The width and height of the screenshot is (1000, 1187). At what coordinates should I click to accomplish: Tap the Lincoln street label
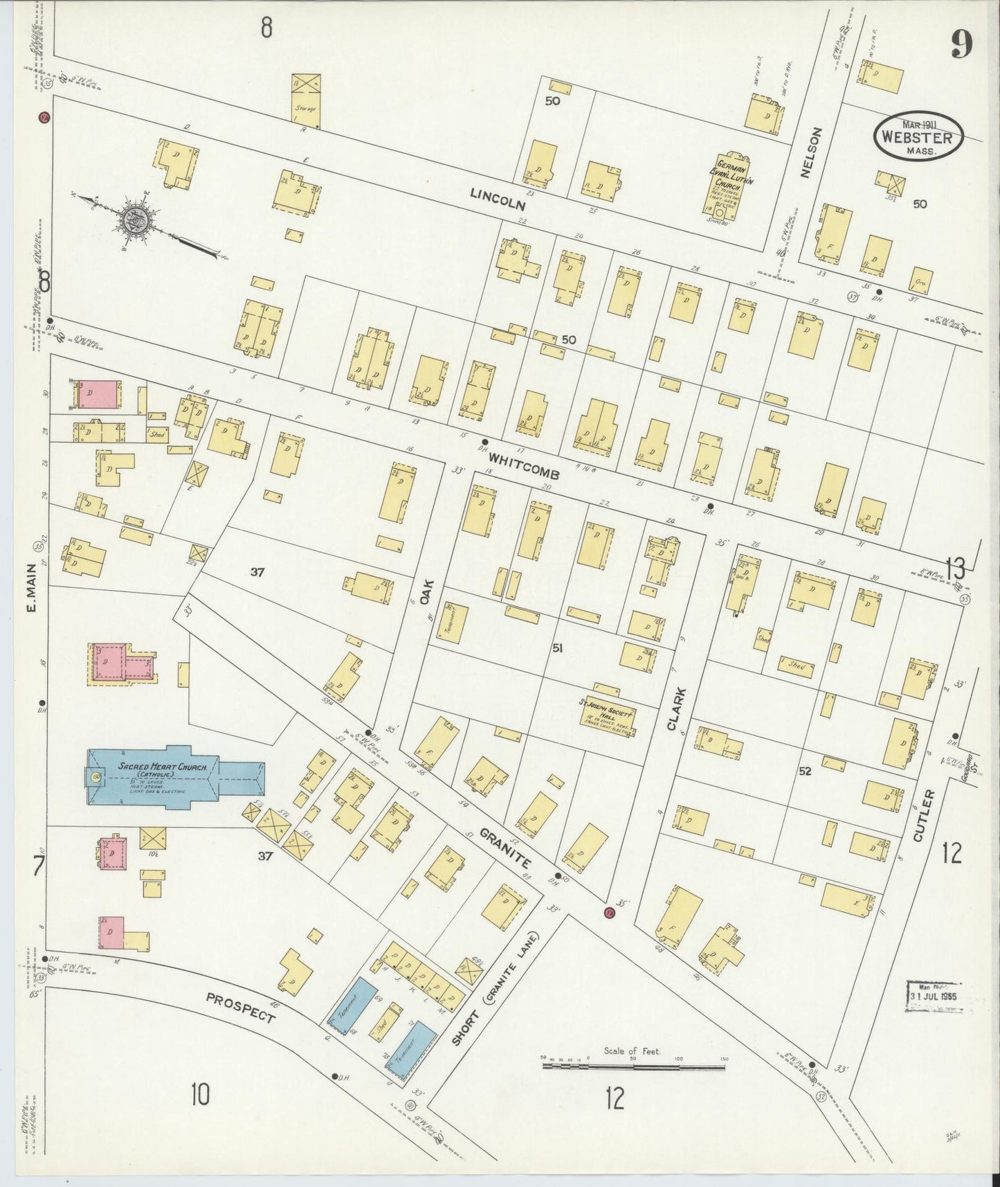coord(498,200)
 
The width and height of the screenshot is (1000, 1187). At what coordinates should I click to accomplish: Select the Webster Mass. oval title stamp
coord(918,136)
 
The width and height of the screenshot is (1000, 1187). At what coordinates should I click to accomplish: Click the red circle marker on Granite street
coord(609,912)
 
